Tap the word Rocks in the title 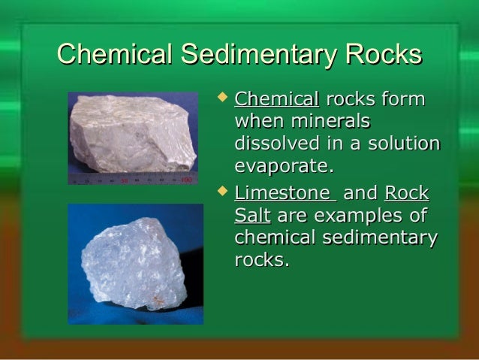pos(379,55)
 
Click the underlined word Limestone pos(275,195)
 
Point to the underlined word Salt pos(252,217)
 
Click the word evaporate pos(283,164)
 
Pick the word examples pos(362,217)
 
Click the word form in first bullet pos(405,100)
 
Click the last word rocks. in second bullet pos(261,260)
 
